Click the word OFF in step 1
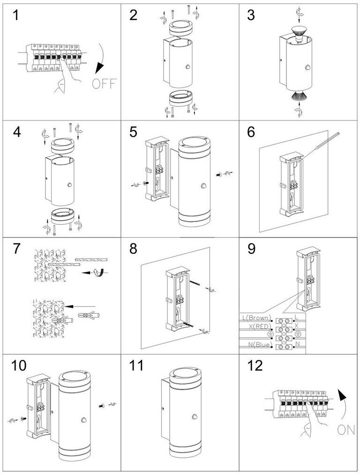(x=104, y=83)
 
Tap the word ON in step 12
(x=346, y=430)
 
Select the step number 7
(x=17, y=249)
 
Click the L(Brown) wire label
(x=257, y=318)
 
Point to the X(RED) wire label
(x=260, y=326)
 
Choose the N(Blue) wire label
(x=259, y=344)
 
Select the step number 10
(x=19, y=366)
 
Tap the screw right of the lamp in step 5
(x=218, y=175)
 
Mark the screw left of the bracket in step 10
(x=23, y=419)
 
